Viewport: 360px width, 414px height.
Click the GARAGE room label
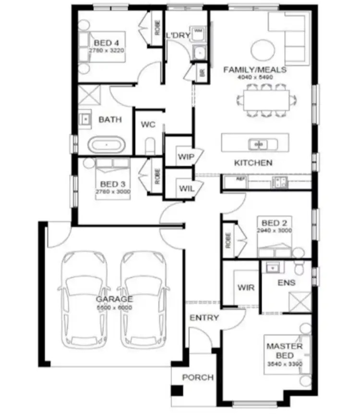coord(114,299)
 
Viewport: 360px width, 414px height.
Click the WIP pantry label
coord(185,157)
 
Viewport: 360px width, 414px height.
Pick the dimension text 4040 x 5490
coord(255,77)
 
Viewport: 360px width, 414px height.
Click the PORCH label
coord(197,378)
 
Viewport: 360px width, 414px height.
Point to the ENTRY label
coord(204,318)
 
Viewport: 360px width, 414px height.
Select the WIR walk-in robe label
coord(246,288)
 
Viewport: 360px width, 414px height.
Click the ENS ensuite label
coord(286,283)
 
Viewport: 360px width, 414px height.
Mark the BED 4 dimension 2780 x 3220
coord(107,49)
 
